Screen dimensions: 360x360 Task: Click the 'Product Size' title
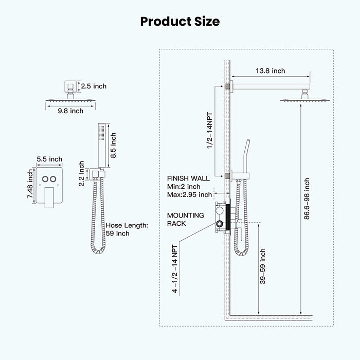pos(180,22)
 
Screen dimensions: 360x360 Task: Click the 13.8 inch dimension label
pos(271,71)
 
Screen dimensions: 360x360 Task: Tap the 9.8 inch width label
pos(70,111)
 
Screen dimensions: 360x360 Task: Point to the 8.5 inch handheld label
pos(114,146)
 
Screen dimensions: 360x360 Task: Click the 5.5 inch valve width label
pos(50,159)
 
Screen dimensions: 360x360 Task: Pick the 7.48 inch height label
pos(30,186)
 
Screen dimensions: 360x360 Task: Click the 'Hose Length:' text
pos(126,225)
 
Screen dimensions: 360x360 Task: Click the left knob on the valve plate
pos(45,179)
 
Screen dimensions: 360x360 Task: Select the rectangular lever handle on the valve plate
pos(49,197)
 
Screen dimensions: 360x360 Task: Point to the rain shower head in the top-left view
pos(70,98)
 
